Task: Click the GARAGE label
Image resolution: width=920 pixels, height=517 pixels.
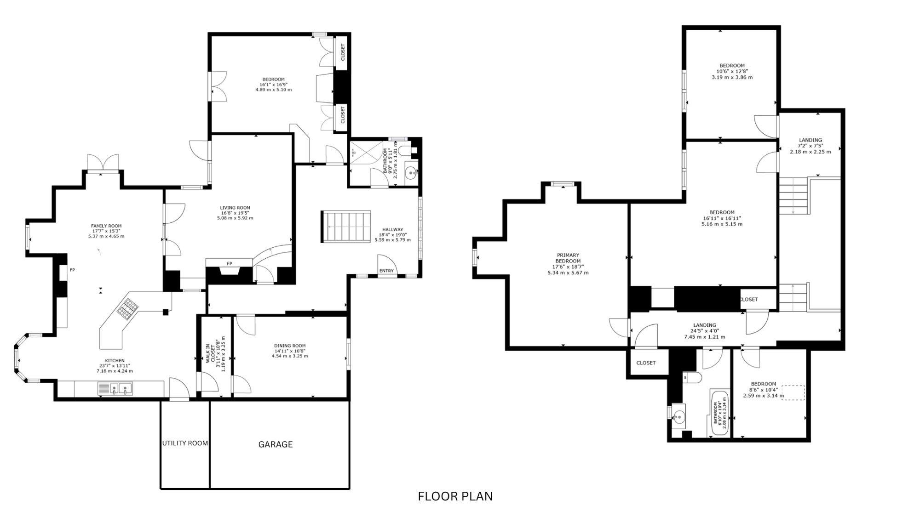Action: [276, 444]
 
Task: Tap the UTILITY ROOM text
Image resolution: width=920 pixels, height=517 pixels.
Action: [185, 443]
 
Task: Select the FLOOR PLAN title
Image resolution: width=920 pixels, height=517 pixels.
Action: [455, 496]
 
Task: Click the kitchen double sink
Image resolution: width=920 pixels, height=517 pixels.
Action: [115, 389]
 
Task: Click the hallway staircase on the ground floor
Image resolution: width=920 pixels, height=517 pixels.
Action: [346, 227]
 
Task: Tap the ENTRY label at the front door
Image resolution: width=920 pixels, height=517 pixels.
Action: [387, 271]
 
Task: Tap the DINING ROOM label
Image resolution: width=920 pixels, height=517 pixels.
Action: [290, 346]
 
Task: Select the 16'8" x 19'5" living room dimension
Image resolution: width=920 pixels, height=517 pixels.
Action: [235, 213]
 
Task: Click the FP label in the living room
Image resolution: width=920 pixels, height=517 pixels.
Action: [229, 263]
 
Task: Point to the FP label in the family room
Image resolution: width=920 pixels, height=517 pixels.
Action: [72, 270]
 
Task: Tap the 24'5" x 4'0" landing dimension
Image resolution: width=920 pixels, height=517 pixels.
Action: [704, 331]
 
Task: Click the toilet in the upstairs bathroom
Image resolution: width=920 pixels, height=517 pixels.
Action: [691, 377]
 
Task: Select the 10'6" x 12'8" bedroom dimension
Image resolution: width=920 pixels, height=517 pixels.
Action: [732, 71]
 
